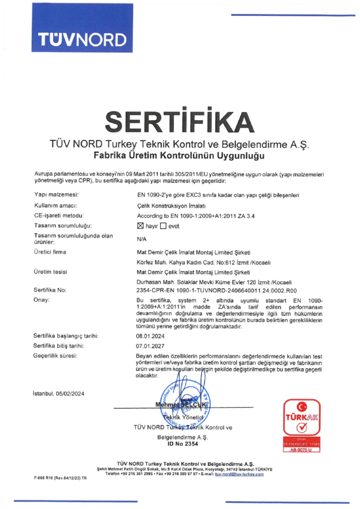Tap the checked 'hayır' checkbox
(140, 226)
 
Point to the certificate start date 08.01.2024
(150, 336)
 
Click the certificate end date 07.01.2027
(150, 345)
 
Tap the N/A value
(142, 239)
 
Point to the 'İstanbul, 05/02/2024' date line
(58, 394)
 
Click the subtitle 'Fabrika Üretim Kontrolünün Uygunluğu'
(180, 156)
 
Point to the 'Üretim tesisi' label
(51, 272)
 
